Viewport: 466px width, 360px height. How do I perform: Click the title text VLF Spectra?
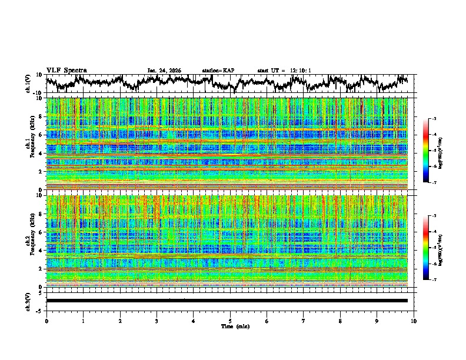coord(66,70)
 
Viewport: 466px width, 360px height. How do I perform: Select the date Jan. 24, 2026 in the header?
coord(164,71)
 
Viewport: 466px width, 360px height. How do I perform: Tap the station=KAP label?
coord(218,71)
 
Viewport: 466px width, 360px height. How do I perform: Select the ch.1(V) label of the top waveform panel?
coord(28,83)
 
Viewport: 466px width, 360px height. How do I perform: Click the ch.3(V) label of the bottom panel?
coord(28,300)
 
